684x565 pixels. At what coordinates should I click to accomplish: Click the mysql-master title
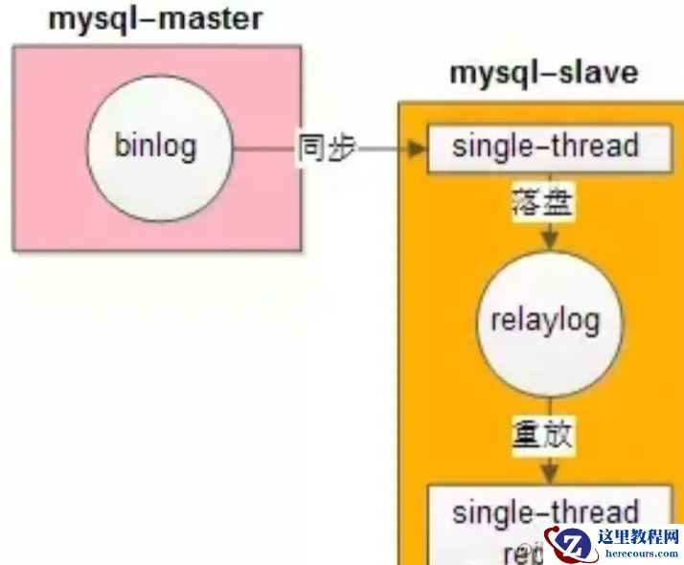coord(155,19)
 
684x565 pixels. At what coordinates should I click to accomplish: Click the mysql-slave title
coord(543,74)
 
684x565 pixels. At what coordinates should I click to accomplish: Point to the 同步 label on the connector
coord(326,148)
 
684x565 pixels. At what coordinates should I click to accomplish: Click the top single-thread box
coord(546,148)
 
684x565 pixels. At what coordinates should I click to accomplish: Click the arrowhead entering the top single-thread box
coord(418,149)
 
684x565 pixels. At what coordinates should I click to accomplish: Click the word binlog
coord(155,147)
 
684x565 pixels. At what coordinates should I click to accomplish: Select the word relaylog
coord(545,320)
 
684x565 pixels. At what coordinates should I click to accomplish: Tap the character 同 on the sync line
coord(311,148)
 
